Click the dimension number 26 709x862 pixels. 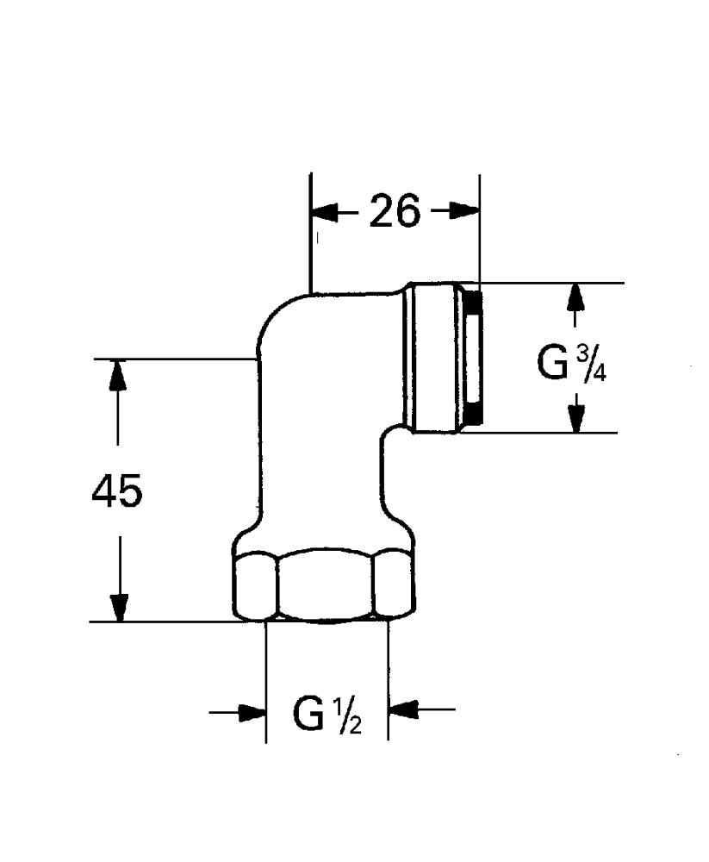click(394, 210)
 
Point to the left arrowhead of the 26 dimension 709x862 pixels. click(324, 211)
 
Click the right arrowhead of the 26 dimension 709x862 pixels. click(465, 210)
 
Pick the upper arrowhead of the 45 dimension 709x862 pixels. click(116, 374)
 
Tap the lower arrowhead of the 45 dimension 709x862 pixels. click(118, 608)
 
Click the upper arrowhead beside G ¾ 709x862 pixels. click(575, 297)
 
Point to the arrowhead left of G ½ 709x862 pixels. click(252, 712)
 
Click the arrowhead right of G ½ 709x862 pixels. click(402, 709)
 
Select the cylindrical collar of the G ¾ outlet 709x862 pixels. click(434, 358)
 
